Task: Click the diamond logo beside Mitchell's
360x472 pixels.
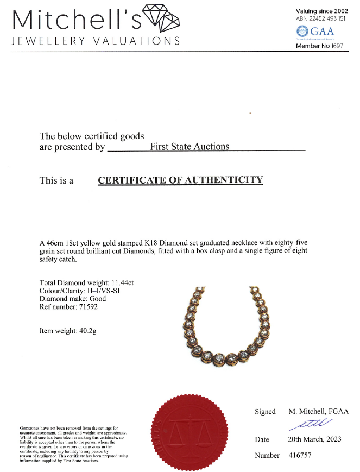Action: coord(161,19)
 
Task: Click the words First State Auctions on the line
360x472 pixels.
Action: coord(189,146)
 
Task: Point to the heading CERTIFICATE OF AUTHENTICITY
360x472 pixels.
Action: coord(180,180)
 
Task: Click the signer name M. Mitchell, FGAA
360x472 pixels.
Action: coord(318,412)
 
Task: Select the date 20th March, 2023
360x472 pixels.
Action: coord(314,439)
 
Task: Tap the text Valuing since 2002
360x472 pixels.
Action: coord(322,11)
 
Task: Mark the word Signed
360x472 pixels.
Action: coord(265,412)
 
